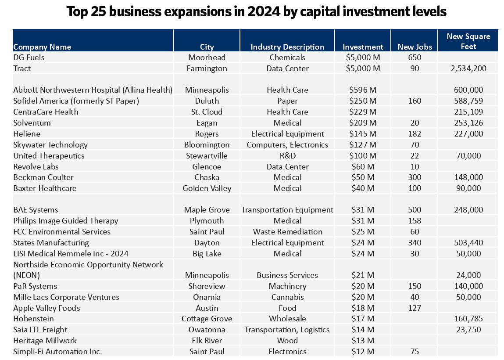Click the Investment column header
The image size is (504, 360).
click(x=363, y=47)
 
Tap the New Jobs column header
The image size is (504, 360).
click(x=415, y=47)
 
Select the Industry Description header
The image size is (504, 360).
click(x=287, y=47)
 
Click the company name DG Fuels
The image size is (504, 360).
click(x=29, y=58)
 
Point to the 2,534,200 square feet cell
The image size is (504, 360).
click(x=468, y=68)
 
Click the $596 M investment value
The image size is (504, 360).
click(x=363, y=90)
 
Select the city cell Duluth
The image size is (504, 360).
click(x=207, y=101)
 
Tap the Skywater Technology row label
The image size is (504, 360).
click(x=50, y=144)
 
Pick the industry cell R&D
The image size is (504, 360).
click(x=287, y=155)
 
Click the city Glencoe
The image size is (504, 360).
click(x=207, y=166)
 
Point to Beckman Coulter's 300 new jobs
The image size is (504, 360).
click(x=415, y=177)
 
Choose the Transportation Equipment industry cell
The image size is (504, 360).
click(x=287, y=210)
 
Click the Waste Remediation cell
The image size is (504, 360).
click(x=287, y=231)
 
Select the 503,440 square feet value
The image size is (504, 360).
click(x=468, y=242)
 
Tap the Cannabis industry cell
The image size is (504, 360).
click(x=287, y=297)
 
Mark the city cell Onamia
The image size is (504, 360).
click(x=207, y=297)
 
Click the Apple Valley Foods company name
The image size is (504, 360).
click(x=46, y=308)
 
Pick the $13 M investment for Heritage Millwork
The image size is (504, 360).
click(x=363, y=340)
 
